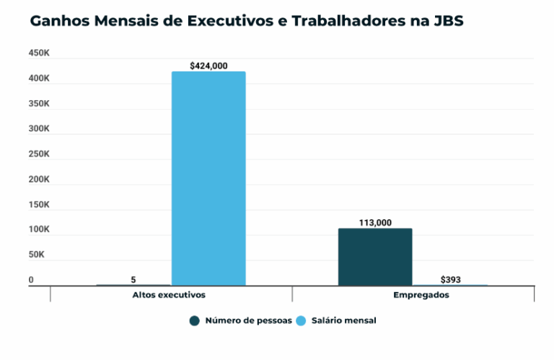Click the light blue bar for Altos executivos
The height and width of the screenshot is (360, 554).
pyautogui.click(x=208, y=178)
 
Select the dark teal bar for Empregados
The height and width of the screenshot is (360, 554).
pyautogui.click(x=375, y=257)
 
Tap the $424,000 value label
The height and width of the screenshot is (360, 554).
pyautogui.click(x=208, y=66)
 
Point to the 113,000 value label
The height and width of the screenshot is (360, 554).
pyautogui.click(x=375, y=223)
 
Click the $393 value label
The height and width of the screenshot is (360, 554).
pyautogui.click(x=451, y=279)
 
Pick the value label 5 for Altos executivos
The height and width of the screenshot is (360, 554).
pyautogui.click(x=133, y=279)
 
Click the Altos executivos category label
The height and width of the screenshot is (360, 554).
pyautogui.click(x=170, y=295)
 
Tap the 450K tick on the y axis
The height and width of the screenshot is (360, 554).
pyautogui.click(x=39, y=53)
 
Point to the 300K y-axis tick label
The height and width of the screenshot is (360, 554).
pyautogui.click(x=39, y=129)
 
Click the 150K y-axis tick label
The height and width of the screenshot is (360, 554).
pyautogui.click(x=39, y=205)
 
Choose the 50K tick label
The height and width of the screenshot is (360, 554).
pyautogui.click(x=37, y=255)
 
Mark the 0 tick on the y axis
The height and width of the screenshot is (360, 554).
pyautogui.click(x=31, y=280)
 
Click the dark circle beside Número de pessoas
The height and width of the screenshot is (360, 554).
pyautogui.click(x=195, y=320)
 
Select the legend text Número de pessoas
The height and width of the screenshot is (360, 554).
pyautogui.click(x=248, y=320)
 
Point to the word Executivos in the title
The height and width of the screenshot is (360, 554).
pyautogui.click(x=230, y=21)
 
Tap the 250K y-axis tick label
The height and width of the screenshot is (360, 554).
pyautogui.click(x=39, y=154)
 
